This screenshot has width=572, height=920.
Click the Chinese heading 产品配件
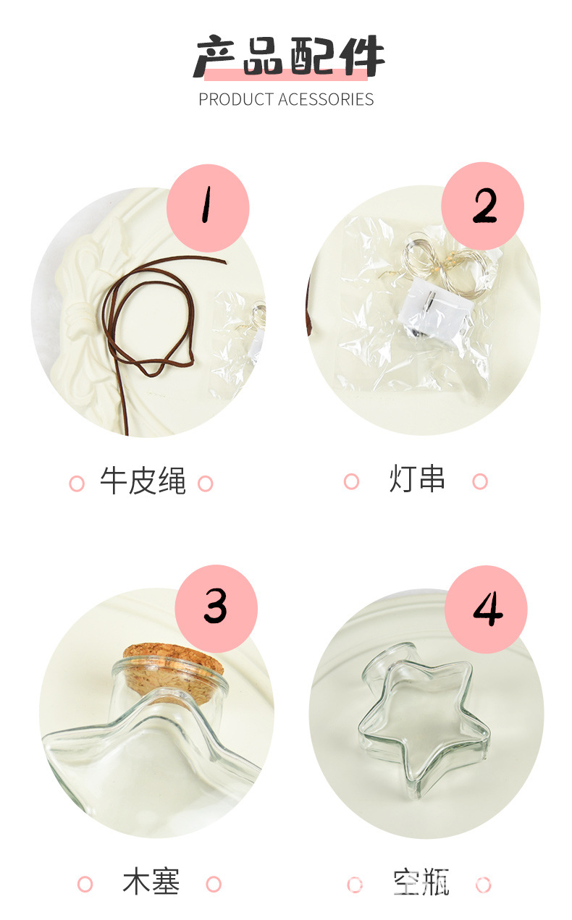coord(287,56)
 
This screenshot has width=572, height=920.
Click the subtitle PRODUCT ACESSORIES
coord(286,100)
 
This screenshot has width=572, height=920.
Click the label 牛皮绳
coord(143,482)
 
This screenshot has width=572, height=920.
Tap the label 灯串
coord(416,480)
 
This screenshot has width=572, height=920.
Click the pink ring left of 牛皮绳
coord(77,484)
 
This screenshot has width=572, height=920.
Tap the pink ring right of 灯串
coord(479,481)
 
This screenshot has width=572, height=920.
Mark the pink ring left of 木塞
coord(85,884)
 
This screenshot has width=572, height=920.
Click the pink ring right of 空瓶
coord(483,885)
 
